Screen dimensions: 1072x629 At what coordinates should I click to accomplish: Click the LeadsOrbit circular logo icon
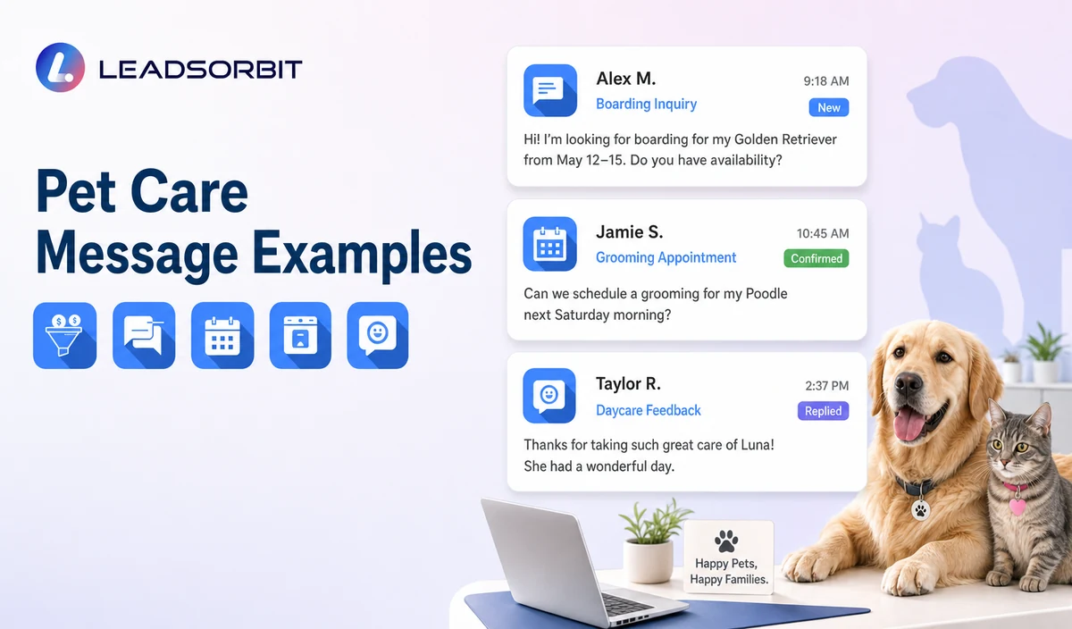point(61,68)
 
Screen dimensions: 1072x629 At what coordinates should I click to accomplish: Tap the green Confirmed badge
point(816,258)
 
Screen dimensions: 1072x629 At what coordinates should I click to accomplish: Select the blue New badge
point(828,108)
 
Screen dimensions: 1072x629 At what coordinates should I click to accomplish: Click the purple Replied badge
point(823,411)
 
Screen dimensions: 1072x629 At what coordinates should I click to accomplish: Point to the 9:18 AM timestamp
point(826,81)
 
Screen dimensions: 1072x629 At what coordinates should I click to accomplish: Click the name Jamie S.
point(629,232)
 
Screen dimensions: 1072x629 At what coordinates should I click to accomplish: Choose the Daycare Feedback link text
point(648,410)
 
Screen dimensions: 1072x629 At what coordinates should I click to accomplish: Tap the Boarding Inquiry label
point(646,104)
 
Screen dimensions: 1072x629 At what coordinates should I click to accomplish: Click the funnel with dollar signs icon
point(64,336)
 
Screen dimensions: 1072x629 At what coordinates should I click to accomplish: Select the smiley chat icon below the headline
point(378,336)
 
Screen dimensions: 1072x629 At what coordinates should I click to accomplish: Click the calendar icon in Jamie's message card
point(550,244)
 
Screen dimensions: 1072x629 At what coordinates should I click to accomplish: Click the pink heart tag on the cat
point(1017,507)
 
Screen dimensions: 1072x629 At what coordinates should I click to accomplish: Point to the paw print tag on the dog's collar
point(920,509)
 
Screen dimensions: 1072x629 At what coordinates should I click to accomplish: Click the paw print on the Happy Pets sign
point(726,541)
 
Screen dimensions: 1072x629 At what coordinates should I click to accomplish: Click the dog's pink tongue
point(909,424)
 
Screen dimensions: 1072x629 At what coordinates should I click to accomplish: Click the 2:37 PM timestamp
point(826,385)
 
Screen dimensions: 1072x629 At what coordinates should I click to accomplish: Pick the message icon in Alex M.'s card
point(550,90)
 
